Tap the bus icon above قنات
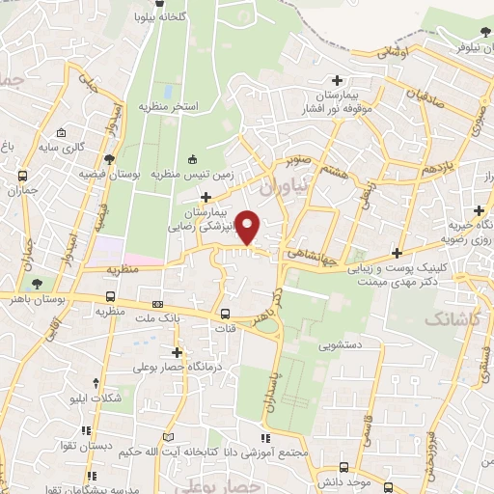[x=226, y=314]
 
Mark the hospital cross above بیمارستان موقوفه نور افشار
[x=336, y=81]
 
